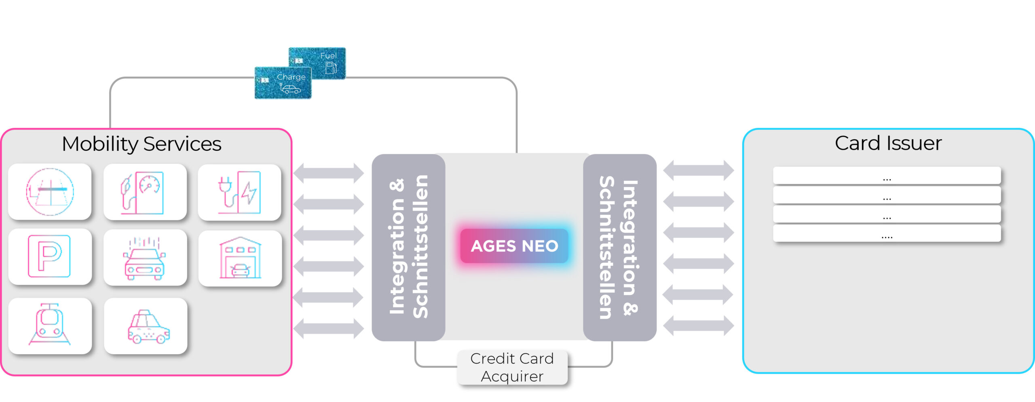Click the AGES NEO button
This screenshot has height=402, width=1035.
click(514, 246)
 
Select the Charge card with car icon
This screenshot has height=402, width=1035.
click(283, 83)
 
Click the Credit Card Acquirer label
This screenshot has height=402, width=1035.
click(512, 367)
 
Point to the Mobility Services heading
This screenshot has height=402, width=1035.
click(142, 144)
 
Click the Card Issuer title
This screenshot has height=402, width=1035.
click(888, 143)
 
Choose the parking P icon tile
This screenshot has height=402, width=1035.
click(50, 256)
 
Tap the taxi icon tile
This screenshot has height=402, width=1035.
click(146, 326)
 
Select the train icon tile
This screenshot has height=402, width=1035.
click(50, 326)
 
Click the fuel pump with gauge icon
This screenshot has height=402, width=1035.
click(145, 192)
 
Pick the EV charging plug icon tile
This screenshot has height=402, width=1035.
click(239, 192)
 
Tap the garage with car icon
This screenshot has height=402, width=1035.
click(240, 258)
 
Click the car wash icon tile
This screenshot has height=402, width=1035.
click(145, 258)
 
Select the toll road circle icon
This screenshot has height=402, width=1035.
click(50, 192)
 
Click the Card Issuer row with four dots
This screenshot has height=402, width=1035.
click(887, 234)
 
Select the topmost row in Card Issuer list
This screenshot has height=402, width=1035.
click(887, 176)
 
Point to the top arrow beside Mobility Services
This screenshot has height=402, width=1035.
click(328, 173)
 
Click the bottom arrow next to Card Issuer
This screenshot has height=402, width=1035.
click(698, 326)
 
